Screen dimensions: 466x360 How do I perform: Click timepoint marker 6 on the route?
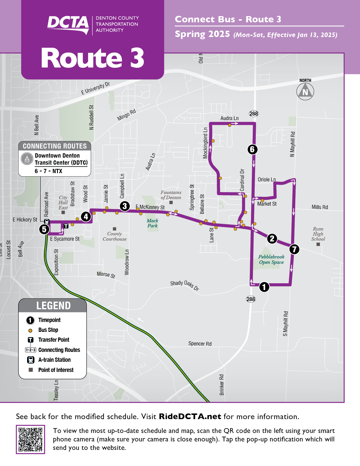[252, 149]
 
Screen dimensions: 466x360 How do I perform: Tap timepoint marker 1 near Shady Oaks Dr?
[264, 287]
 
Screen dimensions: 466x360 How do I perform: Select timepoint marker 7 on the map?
[294, 249]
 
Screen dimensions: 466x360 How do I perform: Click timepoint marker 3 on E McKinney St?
[125, 206]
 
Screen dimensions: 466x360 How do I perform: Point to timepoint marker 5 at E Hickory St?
[44, 229]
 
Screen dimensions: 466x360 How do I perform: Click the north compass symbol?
[305, 92]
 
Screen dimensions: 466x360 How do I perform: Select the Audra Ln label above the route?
[229, 118]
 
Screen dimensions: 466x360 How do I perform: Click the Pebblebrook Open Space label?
[271, 259]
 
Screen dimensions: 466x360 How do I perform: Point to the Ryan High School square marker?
[318, 245]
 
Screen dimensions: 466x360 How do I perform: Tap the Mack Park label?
[152, 223]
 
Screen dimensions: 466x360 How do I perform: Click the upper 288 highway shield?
[254, 114]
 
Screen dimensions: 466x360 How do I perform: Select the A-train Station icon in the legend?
[31, 360]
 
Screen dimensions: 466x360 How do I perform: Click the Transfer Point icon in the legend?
[31, 340]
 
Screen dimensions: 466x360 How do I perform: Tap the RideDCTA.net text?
[190, 417]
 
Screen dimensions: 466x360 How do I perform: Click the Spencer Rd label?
[200, 344]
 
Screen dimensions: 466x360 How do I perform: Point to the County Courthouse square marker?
[115, 229]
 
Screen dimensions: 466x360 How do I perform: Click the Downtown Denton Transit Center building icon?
[27, 159]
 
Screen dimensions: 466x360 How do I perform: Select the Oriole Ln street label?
[267, 180]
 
